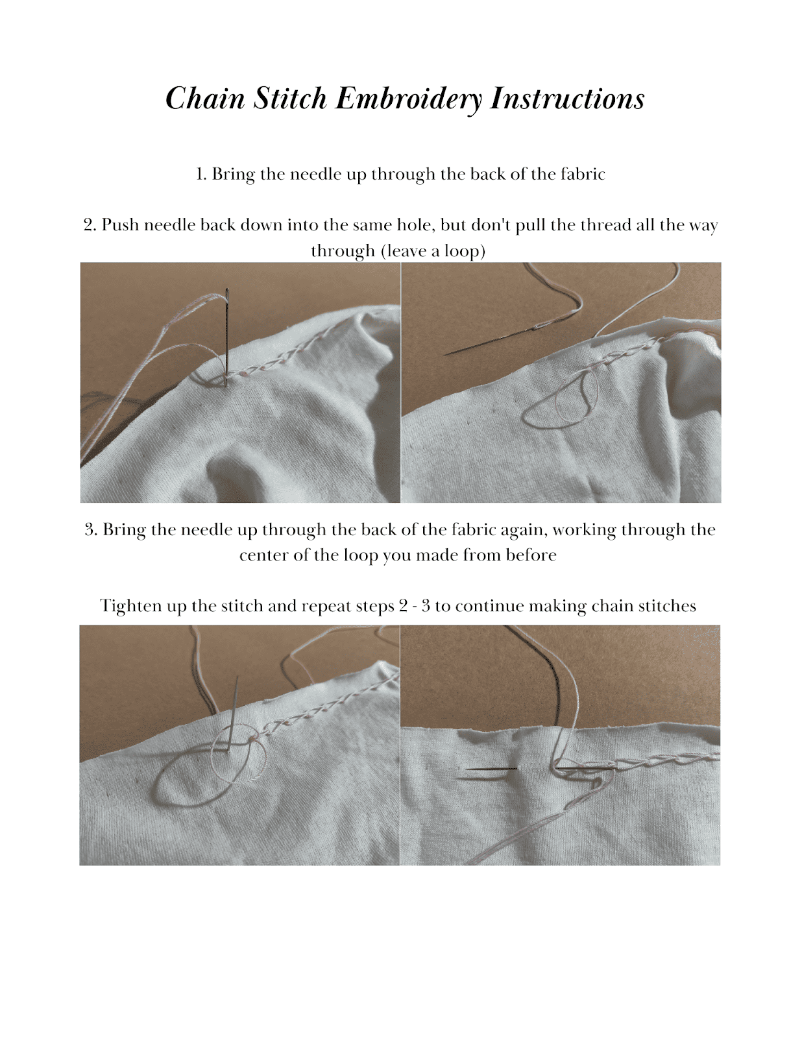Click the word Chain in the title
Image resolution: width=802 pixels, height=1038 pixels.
[205, 99]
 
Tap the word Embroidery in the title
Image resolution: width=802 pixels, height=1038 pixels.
[409, 99]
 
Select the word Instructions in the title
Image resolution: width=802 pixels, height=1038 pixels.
[568, 99]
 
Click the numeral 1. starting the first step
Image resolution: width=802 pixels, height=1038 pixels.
[202, 174]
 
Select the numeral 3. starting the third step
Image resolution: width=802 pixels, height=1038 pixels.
[91, 530]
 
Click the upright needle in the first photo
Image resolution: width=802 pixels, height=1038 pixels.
[226, 336]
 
